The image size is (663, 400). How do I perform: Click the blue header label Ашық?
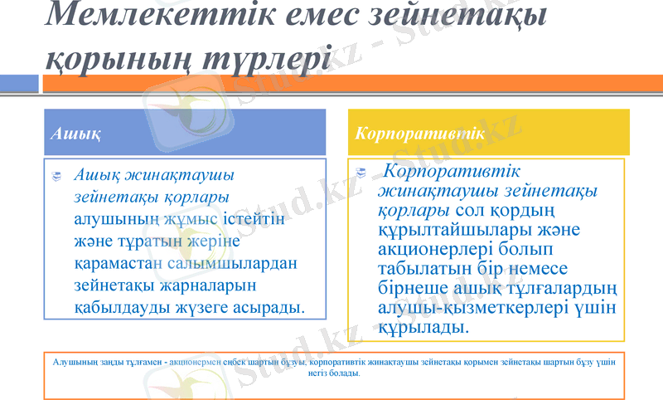tap(75, 133)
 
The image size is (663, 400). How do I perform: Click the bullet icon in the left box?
tap(56, 176)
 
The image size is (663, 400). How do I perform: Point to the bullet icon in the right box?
tap(361, 173)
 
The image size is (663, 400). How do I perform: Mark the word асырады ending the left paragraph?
tap(269, 307)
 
